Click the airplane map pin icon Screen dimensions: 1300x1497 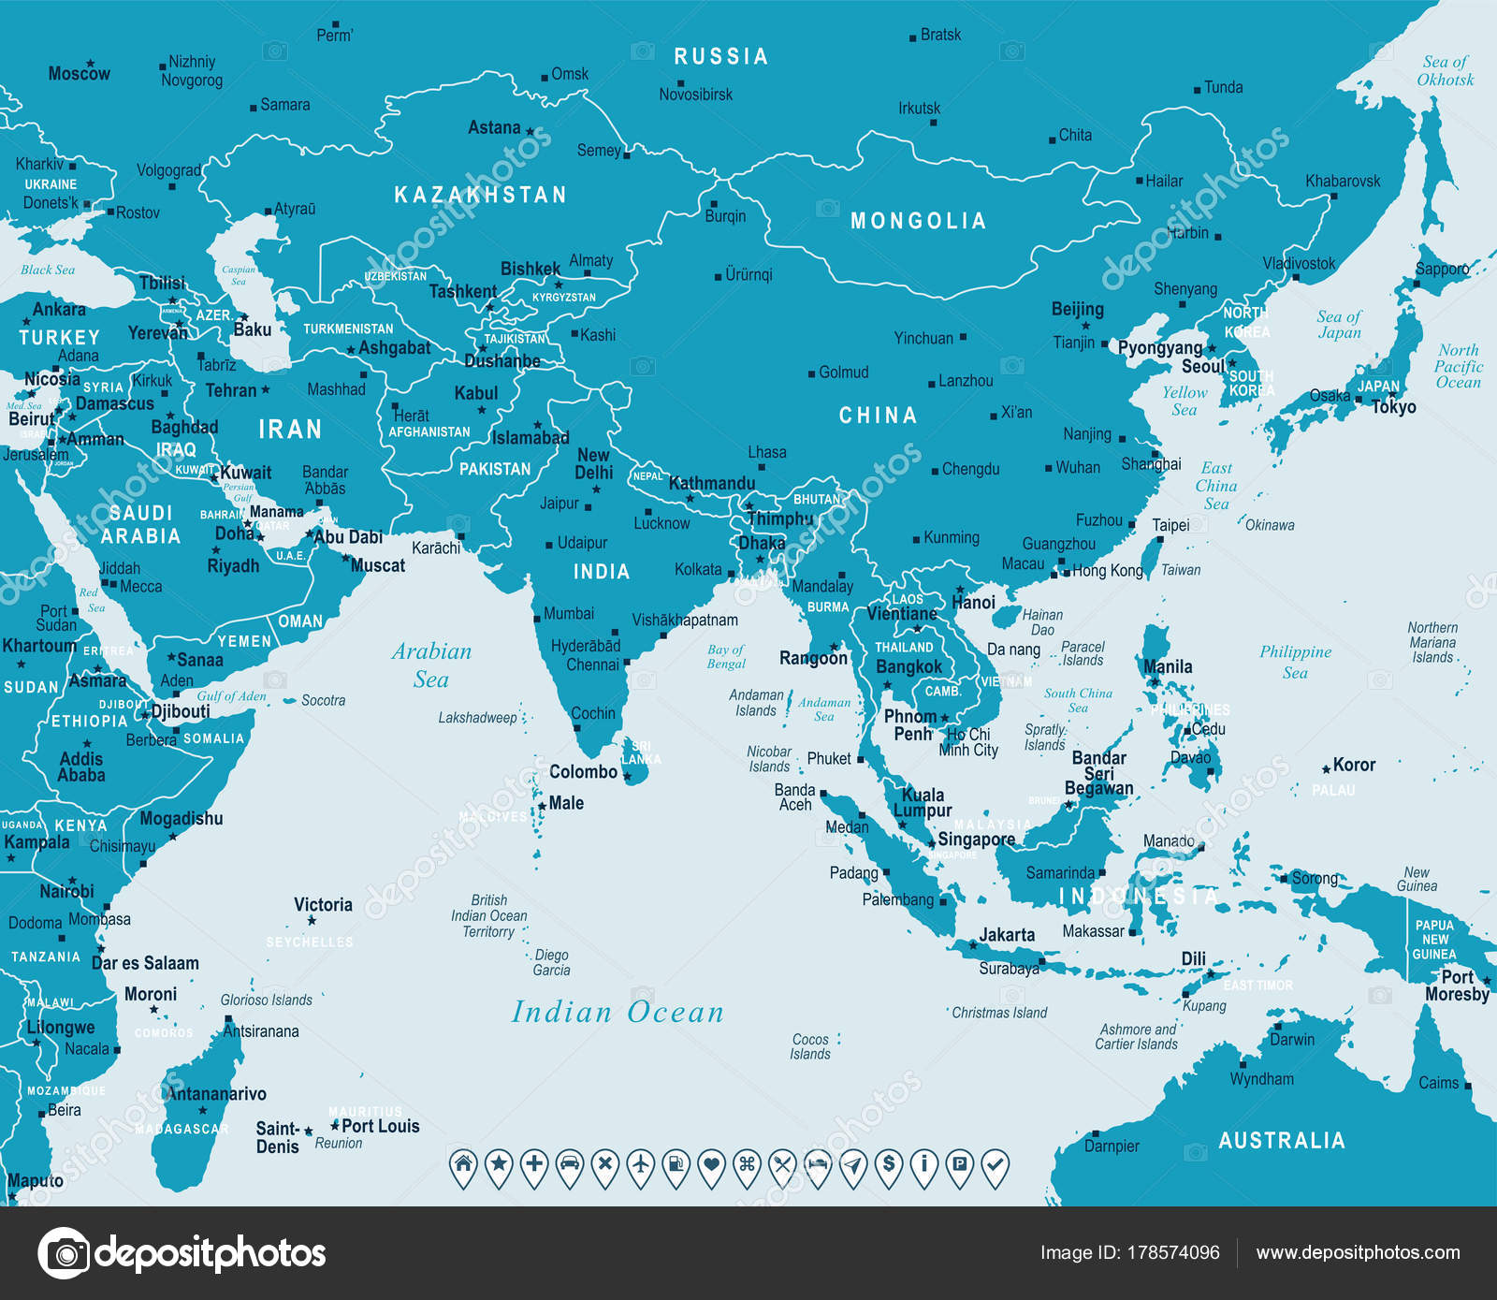640,1165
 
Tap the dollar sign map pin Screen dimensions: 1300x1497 888,1165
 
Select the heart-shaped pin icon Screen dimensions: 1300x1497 711,1165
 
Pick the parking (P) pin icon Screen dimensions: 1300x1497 958,1165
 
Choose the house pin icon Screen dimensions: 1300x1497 463,1165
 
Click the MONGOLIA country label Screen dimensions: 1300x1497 918,221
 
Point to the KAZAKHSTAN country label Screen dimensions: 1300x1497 480,195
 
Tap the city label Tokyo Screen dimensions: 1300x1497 1394,407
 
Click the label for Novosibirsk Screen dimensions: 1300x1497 695,95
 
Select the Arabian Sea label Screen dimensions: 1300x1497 431,665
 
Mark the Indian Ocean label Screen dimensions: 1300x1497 618,1012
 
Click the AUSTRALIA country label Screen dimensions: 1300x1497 1281,1140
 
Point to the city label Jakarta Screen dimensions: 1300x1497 1007,935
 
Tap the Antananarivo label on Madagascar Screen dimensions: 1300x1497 217,1093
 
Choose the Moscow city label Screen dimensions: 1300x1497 79,73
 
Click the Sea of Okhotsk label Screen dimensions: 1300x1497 1446,71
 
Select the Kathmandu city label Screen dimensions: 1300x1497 711,484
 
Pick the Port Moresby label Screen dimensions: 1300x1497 1457,986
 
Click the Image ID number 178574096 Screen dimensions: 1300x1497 1172,1252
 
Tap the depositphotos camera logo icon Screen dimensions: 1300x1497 65,1252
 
